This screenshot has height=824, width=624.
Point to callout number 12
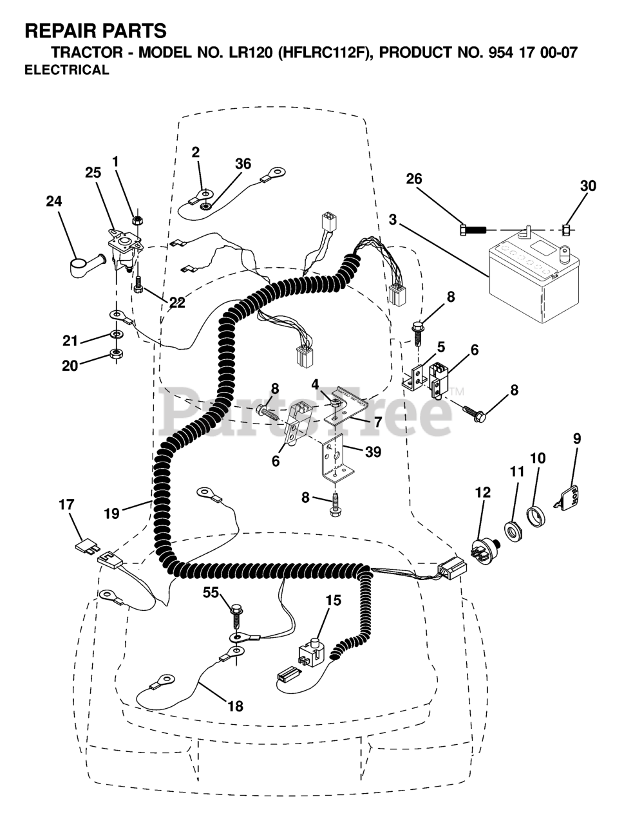pyautogui.click(x=483, y=493)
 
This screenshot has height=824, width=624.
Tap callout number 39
pyautogui.click(x=372, y=453)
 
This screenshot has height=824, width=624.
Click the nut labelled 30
pyautogui.click(x=566, y=229)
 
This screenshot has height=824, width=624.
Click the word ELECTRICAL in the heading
pyautogui.click(x=66, y=71)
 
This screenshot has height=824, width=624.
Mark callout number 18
pyautogui.click(x=235, y=706)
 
